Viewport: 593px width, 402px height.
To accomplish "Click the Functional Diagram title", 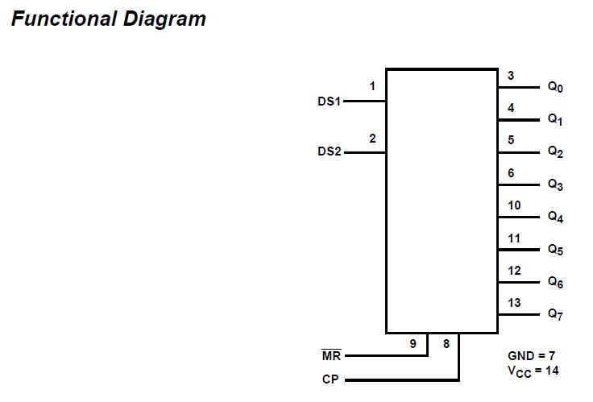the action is pos(108,19).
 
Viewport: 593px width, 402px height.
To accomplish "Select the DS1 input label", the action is pos(330,102).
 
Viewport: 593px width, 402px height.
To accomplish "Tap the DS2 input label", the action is pos(330,151).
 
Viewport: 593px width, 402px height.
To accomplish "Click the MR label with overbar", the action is pos(331,355).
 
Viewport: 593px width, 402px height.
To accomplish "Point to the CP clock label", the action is pos(330,379).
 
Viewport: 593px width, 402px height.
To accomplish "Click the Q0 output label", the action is pos(555,87).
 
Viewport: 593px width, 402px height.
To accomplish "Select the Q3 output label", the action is pos(555,184).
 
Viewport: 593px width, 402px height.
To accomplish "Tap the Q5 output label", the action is pos(555,250).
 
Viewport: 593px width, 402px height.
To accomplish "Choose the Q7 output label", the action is pos(555,313).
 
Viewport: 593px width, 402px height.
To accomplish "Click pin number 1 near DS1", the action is pos(372,86).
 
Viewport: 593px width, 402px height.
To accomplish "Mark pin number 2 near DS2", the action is pos(372,139).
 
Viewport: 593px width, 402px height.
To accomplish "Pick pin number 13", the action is pos(514,303).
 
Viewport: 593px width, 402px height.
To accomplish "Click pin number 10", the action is pos(514,205).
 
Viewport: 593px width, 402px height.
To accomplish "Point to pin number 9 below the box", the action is pos(413,344).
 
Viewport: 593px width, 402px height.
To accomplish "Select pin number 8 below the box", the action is pos(446,344).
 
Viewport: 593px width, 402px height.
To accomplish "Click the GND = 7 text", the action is pos(532,355).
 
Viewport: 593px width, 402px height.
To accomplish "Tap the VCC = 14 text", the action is pos(533,371).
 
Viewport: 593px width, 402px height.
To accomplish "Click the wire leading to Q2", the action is pos(519,152).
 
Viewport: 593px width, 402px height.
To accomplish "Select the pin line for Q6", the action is pos(519,282).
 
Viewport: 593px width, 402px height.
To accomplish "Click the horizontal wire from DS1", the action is pos(365,102).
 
